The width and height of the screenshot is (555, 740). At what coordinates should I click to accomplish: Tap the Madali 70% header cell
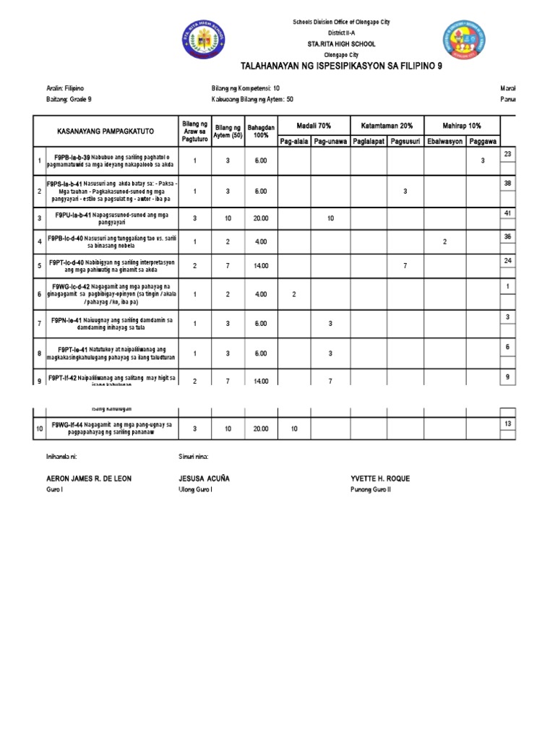(x=314, y=126)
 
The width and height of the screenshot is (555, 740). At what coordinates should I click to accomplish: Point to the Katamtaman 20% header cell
(x=387, y=126)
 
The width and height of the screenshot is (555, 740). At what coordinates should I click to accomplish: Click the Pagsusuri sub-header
(x=405, y=141)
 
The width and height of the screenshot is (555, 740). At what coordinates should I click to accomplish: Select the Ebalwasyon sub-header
(x=444, y=141)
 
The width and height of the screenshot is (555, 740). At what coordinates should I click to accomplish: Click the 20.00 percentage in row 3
(x=260, y=218)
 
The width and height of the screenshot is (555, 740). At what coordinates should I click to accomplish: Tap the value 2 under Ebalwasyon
(x=444, y=242)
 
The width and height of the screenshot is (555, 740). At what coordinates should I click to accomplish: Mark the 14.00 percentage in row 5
(x=260, y=267)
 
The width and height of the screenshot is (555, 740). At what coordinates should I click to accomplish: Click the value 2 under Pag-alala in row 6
(x=294, y=294)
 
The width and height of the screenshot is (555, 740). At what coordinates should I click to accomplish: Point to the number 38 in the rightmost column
(x=507, y=184)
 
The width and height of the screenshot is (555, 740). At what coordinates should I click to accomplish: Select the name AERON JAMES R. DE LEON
(x=89, y=479)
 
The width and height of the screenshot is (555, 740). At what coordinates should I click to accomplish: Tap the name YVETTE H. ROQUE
(x=380, y=479)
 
